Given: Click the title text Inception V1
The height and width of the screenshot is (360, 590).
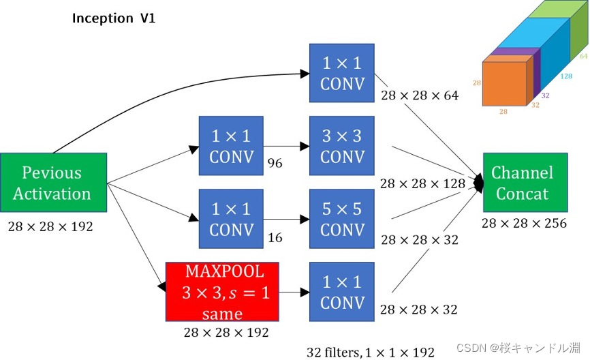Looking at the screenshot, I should [114, 18].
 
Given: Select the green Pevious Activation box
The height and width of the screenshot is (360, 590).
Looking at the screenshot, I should [52, 183].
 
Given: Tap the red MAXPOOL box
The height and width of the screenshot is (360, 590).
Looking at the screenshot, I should [222, 292].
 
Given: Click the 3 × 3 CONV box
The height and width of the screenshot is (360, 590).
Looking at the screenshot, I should [341, 145].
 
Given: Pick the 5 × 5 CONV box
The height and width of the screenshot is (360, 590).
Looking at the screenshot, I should [341, 219].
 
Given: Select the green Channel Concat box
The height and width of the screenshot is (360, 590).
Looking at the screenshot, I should [523, 183].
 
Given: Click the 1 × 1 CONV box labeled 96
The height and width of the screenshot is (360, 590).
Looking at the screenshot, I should [231, 145].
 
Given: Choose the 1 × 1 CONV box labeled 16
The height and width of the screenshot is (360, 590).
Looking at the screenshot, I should [231, 219].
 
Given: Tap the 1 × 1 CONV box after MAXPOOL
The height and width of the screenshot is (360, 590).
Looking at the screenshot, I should [341, 292].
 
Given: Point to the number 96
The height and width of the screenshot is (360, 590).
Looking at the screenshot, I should [275, 164].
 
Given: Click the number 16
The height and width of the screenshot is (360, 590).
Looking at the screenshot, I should [275, 238].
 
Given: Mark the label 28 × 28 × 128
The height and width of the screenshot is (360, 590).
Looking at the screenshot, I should [423, 183].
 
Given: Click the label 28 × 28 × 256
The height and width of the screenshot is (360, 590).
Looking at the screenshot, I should [524, 223].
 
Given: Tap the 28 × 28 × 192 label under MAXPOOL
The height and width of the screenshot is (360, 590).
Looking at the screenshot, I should [226, 332].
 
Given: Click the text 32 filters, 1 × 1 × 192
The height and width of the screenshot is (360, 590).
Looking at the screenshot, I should [370, 352].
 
